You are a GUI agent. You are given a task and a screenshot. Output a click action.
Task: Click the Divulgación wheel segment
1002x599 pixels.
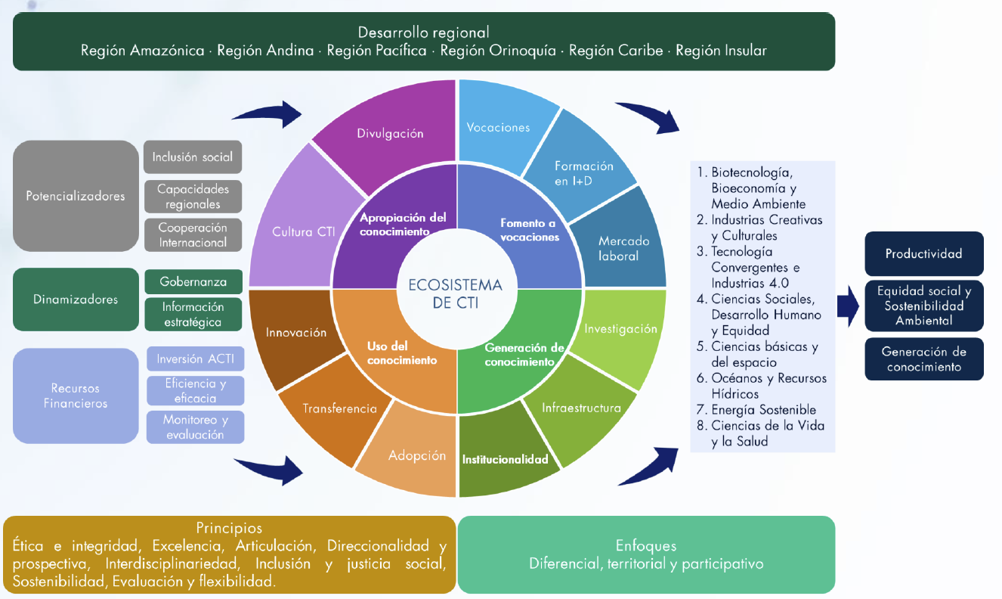pyautogui.click(x=390, y=134)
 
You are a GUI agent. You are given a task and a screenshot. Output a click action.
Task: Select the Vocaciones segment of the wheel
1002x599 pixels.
pyautogui.click(x=499, y=127)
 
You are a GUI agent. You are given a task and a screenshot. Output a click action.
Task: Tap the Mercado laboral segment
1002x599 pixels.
pyautogui.click(x=623, y=248)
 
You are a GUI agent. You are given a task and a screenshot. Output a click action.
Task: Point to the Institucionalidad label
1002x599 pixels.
pyautogui.click(x=505, y=459)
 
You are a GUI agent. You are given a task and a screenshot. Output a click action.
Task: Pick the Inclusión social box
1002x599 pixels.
pyautogui.click(x=193, y=157)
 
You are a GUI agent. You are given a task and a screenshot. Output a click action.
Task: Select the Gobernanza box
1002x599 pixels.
pyautogui.click(x=193, y=281)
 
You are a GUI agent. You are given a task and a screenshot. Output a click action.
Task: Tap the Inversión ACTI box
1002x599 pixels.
pyautogui.click(x=195, y=358)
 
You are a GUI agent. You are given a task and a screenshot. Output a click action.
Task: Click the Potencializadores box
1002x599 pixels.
pyautogui.click(x=76, y=196)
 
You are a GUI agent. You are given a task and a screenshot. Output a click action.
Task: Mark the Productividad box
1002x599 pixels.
pyautogui.click(x=924, y=254)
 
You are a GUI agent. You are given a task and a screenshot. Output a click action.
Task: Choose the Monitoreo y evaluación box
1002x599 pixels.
pyautogui.click(x=195, y=427)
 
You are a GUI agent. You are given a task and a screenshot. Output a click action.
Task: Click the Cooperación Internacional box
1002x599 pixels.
pyautogui.click(x=193, y=235)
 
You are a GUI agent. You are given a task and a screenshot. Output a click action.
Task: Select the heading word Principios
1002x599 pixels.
pyautogui.click(x=229, y=528)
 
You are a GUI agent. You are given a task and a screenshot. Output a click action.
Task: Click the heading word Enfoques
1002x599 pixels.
pyautogui.click(x=646, y=546)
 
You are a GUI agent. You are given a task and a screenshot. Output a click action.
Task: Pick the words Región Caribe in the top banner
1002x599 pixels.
pyautogui.click(x=615, y=51)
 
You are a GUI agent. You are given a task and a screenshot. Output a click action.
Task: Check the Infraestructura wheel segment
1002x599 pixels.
pyautogui.click(x=581, y=408)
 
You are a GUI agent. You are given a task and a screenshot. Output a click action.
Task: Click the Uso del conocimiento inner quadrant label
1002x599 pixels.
pyautogui.click(x=402, y=354)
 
